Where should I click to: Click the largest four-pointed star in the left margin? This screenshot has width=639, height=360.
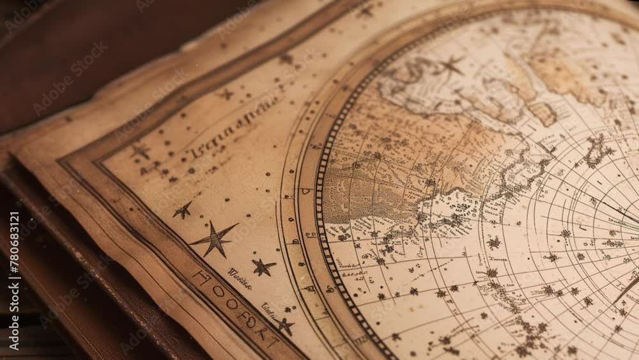[214, 239]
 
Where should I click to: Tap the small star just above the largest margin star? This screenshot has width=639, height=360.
[183, 210]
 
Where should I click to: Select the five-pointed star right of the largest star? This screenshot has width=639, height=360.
[263, 267]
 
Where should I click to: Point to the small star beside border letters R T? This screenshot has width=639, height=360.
[285, 326]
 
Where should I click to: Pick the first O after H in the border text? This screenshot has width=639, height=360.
[218, 291]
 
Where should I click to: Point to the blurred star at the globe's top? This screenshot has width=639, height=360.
[451, 65]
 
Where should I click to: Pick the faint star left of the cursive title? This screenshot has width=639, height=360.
[141, 152]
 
